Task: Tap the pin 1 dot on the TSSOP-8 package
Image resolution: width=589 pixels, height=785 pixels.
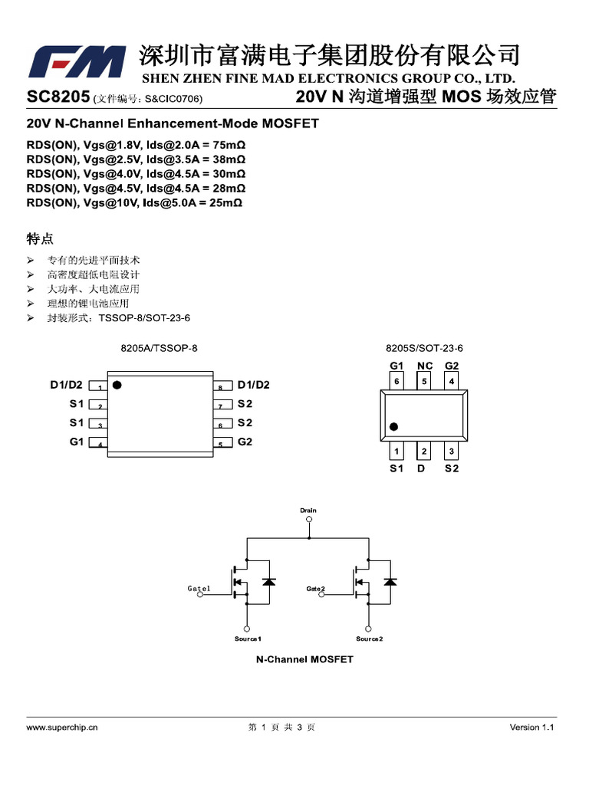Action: click(x=117, y=385)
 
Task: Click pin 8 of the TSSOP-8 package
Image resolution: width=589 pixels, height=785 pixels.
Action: click(x=220, y=386)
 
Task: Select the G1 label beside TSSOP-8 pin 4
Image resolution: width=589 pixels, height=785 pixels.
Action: click(x=77, y=442)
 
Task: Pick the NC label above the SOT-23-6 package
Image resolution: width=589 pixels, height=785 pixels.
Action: click(x=424, y=366)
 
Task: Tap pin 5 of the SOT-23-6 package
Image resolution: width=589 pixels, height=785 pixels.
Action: click(x=424, y=381)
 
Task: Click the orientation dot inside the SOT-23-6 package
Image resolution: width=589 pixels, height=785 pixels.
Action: click(x=394, y=426)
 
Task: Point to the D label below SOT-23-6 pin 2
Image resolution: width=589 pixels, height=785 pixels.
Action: click(x=421, y=468)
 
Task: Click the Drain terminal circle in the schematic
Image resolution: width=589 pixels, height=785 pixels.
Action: click(x=308, y=519)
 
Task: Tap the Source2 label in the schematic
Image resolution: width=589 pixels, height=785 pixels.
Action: click(x=369, y=639)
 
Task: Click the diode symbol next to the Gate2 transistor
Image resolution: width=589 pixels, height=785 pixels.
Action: click(x=390, y=582)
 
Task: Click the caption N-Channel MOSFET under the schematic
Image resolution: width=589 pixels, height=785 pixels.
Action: click(x=304, y=659)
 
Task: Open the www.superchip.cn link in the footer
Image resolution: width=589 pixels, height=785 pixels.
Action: click(x=62, y=728)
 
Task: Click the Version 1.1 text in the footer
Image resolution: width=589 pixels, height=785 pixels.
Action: click(x=531, y=728)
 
